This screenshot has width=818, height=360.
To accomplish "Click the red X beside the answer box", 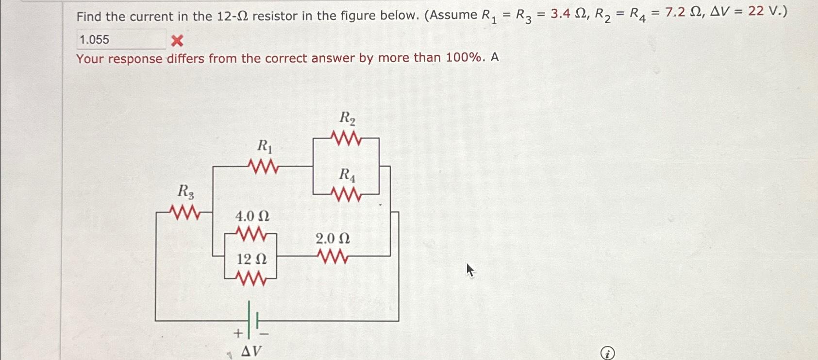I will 177,41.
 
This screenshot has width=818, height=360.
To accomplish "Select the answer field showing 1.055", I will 121,40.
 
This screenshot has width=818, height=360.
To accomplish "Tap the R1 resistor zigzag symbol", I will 263,167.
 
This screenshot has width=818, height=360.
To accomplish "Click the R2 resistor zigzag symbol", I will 346,138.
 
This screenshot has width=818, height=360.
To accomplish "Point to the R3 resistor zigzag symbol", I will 184,212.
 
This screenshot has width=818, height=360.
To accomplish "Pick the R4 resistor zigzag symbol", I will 346,195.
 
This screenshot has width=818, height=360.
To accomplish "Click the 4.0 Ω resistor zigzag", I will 250,234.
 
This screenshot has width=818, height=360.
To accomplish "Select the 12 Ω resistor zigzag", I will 250,279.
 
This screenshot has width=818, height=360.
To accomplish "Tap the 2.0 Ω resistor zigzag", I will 333,256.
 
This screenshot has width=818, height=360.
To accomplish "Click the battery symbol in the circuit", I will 253,320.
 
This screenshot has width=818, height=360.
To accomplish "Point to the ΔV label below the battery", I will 251,351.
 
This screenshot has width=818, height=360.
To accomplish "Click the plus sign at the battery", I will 238,333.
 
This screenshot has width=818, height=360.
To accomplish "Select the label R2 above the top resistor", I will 347,118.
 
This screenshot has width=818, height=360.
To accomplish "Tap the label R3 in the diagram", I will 185,191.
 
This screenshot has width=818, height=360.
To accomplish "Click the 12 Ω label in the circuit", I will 251,259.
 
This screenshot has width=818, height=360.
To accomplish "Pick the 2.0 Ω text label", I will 333,239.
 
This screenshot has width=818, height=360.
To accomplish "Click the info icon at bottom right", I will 607,353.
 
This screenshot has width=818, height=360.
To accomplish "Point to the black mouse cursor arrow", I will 469,270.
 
